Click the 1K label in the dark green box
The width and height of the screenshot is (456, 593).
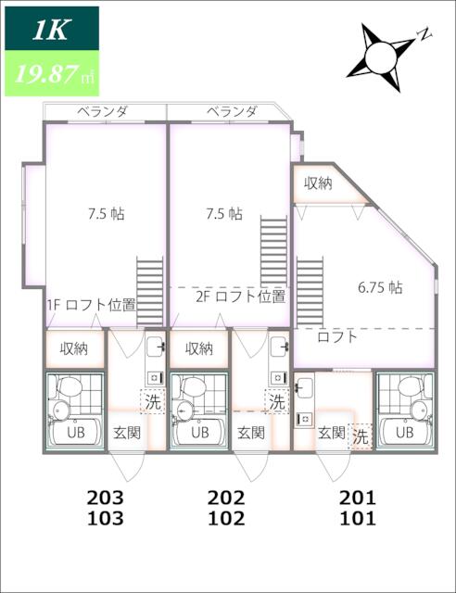pyautogui.click(x=51, y=31)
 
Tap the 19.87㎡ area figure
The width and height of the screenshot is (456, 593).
pyautogui.click(x=54, y=74)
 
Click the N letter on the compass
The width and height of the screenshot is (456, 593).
pyautogui.click(x=424, y=33)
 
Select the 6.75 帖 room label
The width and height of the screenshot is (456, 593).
pyautogui.click(x=380, y=288)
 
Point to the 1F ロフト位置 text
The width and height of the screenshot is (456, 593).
pyautogui.click(x=91, y=305)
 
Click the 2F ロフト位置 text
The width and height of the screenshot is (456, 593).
pyautogui.click(x=240, y=296)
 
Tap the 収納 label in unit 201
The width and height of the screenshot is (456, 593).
pyautogui.click(x=318, y=183)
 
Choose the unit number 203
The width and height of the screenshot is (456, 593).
pyautogui.click(x=106, y=498)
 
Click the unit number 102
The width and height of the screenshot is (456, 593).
pyautogui.click(x=226, y=518)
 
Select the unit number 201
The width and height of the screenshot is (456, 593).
pyautogui.click(x=358, y=498)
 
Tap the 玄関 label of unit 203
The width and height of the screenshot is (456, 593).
pyautogui.click(x=127, y=433)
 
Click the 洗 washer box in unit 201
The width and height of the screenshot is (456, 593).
pyautogui.click(x=361, y=436)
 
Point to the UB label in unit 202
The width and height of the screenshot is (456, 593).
pyautogui.click(x=200, y=432)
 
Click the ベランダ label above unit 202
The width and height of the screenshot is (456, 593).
pyautogui.click(x=232, y=111)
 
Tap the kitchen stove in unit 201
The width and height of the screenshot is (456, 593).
pyautogui.click(x=304, y=419)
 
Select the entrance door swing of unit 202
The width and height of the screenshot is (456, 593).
pyautogui.click(x=252, y=466)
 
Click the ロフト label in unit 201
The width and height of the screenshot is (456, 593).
pyautogui.click(x=337, y=336)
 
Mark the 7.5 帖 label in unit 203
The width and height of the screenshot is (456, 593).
pyautogui.click(x=107, y=214)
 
